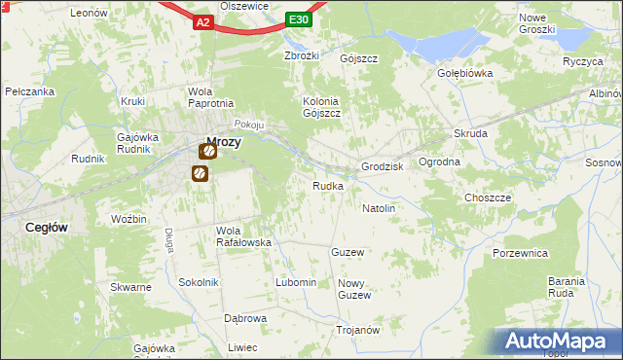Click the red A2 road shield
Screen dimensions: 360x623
(x=202, y=20)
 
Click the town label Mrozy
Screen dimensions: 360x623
(x=225, y=139)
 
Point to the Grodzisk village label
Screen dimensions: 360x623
(x=383, y=166)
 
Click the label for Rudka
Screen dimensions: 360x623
(x=327, y=186)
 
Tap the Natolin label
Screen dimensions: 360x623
(x=379, y=208)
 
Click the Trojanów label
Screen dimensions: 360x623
(x=357, y=330)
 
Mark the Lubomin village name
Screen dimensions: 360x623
(x=296, y=282)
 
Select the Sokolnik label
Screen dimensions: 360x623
(x=199, y=282)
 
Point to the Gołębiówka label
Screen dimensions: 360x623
(x=463, y=73)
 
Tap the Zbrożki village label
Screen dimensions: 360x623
(x=302, y=55)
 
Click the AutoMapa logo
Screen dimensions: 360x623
(x=560, y=342)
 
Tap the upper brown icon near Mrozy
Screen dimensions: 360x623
(x=207, y=152)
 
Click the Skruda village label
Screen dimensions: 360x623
(x=470, y=133)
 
